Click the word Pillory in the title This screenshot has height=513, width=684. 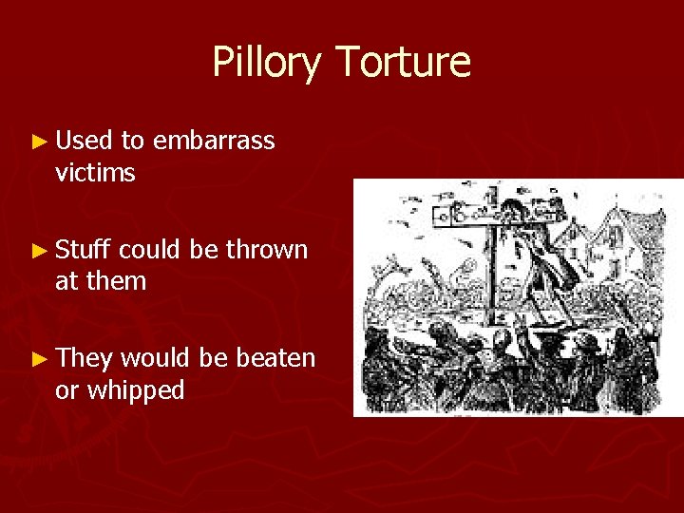268,63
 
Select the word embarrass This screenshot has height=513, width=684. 214,142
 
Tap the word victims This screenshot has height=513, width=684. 96,173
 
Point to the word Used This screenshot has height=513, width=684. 85,142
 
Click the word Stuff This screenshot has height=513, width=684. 84,250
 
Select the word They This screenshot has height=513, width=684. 84,358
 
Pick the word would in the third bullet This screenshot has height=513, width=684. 153,358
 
